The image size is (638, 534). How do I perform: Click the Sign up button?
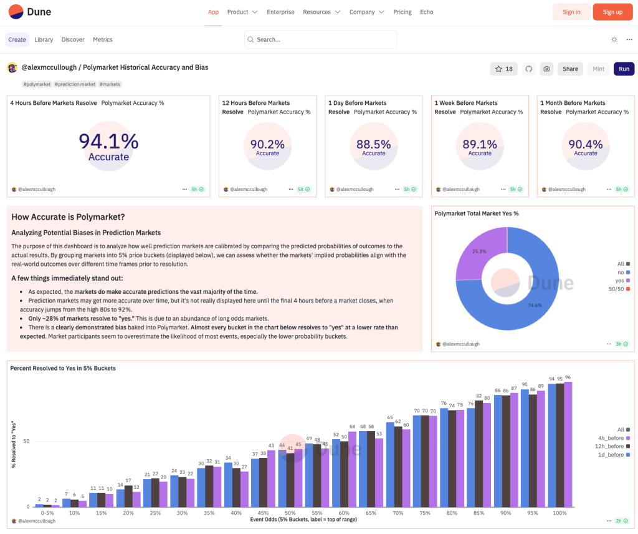pos(612,12)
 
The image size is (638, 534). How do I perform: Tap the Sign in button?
pos(571,12)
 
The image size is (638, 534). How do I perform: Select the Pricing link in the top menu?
pos(402,12)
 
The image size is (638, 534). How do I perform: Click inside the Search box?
pos(321,39)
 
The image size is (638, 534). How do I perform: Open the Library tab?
pos(44,39)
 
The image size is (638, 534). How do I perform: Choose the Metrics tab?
pos(103,39)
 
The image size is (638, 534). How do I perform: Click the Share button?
pos(570,69)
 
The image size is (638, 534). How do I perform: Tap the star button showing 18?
pos(503,69)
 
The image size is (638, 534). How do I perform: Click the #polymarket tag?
pos(37,84)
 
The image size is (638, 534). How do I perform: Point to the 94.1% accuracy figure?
pos(108,140)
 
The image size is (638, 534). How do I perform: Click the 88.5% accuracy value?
pos(374,144)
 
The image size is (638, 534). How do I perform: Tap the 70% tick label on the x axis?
pos(397,512)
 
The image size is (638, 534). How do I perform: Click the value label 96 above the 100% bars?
pos(568,377)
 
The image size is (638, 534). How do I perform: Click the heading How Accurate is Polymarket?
pos(69,217)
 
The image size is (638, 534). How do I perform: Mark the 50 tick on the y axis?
pos(27,441)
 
